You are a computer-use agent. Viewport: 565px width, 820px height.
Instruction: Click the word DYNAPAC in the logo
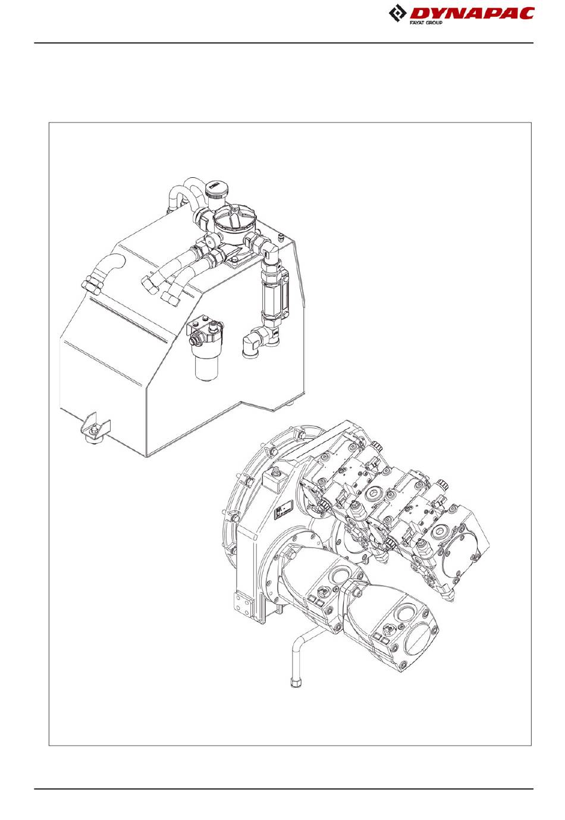pos(472,14)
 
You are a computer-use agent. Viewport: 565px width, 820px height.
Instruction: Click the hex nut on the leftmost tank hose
pos(92,283)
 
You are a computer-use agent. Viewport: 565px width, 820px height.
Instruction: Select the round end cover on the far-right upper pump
pos(460,554)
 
